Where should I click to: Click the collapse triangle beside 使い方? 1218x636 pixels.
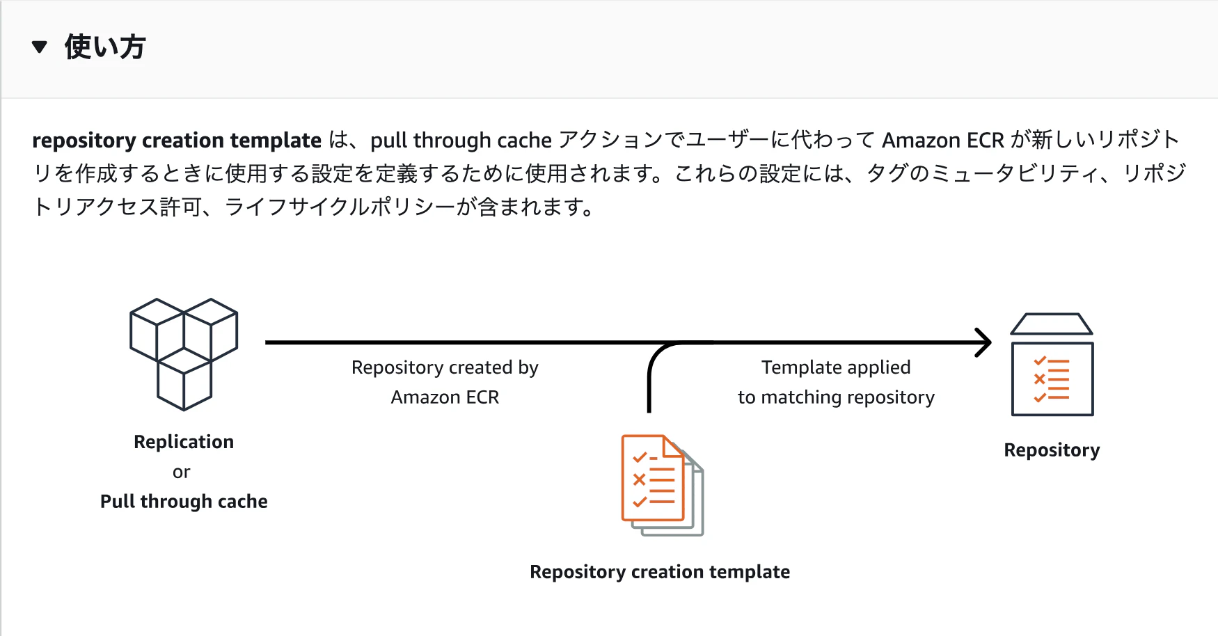tap(40, 47)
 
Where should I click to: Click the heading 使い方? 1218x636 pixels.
tap(105, 47)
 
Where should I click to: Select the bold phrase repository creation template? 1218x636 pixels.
tap(177, 141)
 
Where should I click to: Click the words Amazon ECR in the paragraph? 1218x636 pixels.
tap(943, 141)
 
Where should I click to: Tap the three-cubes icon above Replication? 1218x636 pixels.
tap(184, 354)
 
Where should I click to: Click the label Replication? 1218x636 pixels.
tap(184, 442)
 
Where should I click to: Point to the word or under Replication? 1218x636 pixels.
tap(182, 472)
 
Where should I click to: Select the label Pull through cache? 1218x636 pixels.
tap(184, 502)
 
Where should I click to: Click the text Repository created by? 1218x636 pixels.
tap(445, 367)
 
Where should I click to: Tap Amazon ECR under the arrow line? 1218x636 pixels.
tap(445, 397)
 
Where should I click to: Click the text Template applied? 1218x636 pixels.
tap(836, 367)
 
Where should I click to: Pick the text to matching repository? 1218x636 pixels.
tap(836, 397)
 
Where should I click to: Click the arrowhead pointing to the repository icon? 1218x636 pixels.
tap(983, 342)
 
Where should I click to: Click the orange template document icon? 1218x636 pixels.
tap(662, 485)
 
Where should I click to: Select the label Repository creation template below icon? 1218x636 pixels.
tap(660, 572)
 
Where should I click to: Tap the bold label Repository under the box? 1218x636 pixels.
tap(1052, 450)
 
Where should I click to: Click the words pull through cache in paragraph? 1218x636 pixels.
tap(461, 141)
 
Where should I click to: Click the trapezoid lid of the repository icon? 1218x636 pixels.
tap(1052, 324)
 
